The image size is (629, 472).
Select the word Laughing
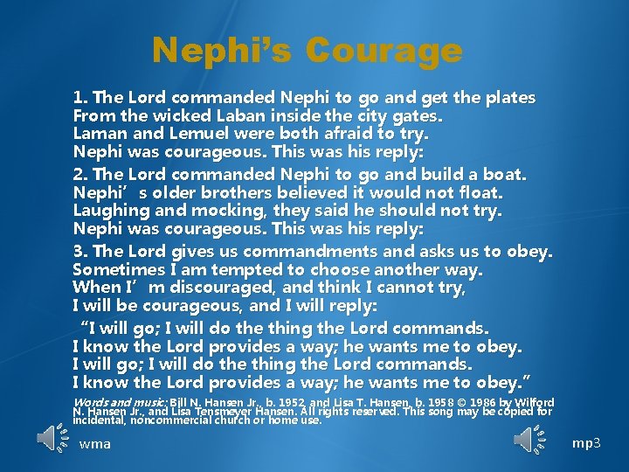pos(108,212)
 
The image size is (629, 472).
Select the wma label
pos(94,444)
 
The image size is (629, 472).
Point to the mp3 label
pos(586,443)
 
